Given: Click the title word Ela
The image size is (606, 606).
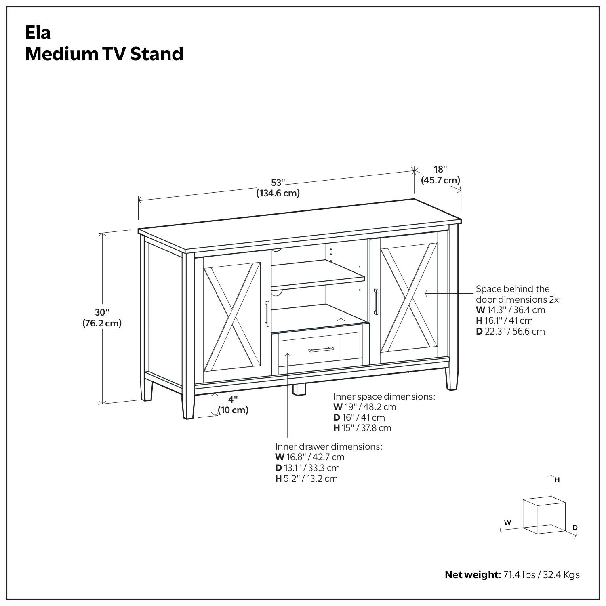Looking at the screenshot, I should (38, 32).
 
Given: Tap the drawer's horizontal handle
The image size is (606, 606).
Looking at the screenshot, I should (321, 349).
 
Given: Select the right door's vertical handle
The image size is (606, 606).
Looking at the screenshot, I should (376, 301).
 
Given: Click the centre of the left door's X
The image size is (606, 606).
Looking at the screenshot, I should (232, 316).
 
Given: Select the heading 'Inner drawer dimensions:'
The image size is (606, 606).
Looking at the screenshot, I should (328, 446).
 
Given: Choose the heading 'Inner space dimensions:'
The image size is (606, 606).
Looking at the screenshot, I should (384, 396).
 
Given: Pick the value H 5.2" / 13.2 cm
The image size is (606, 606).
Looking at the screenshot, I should (306, 478).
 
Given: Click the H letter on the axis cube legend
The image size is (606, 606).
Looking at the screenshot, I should (557, 480).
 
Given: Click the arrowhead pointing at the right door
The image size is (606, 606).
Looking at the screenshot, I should (425, 294).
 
